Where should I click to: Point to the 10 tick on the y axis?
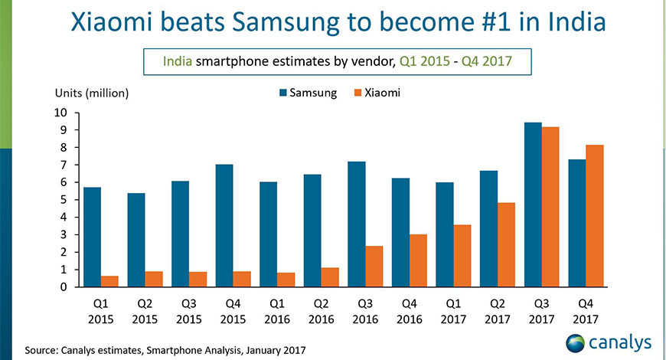pos(60,113)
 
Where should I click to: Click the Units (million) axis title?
pos(91,93)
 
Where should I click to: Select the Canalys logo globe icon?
pos(576,342)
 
